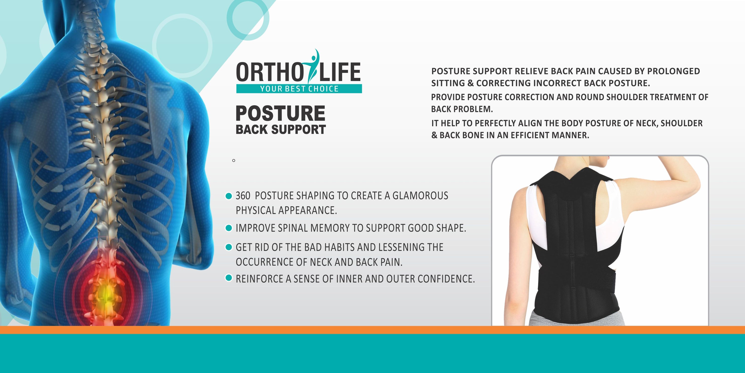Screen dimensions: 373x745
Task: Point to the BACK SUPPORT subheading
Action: (x=281, y=130)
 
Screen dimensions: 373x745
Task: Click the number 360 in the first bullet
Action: (x=243, y=196)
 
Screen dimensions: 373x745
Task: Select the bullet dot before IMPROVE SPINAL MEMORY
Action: (x=228, y=228)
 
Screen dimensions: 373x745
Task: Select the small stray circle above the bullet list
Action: (x=234, y=160)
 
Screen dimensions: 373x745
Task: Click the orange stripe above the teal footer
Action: (x=372, y=330)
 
